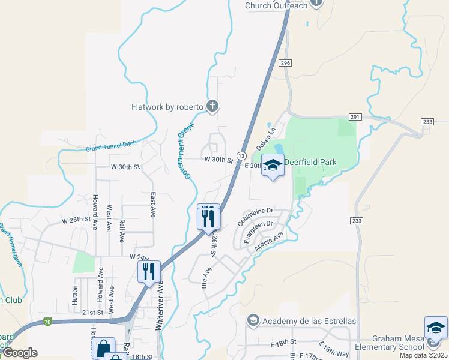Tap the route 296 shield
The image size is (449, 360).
coord(285,62)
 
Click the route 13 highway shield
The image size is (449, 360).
coord(241,156)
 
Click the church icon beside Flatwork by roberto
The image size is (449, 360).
coord(212,107)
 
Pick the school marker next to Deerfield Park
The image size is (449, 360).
coord(273,165)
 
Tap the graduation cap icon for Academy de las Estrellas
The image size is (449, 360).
coord(253,321)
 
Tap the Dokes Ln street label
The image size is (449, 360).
coord(266,138)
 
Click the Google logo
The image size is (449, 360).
coord(19,353)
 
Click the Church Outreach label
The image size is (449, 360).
coord(276,5)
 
